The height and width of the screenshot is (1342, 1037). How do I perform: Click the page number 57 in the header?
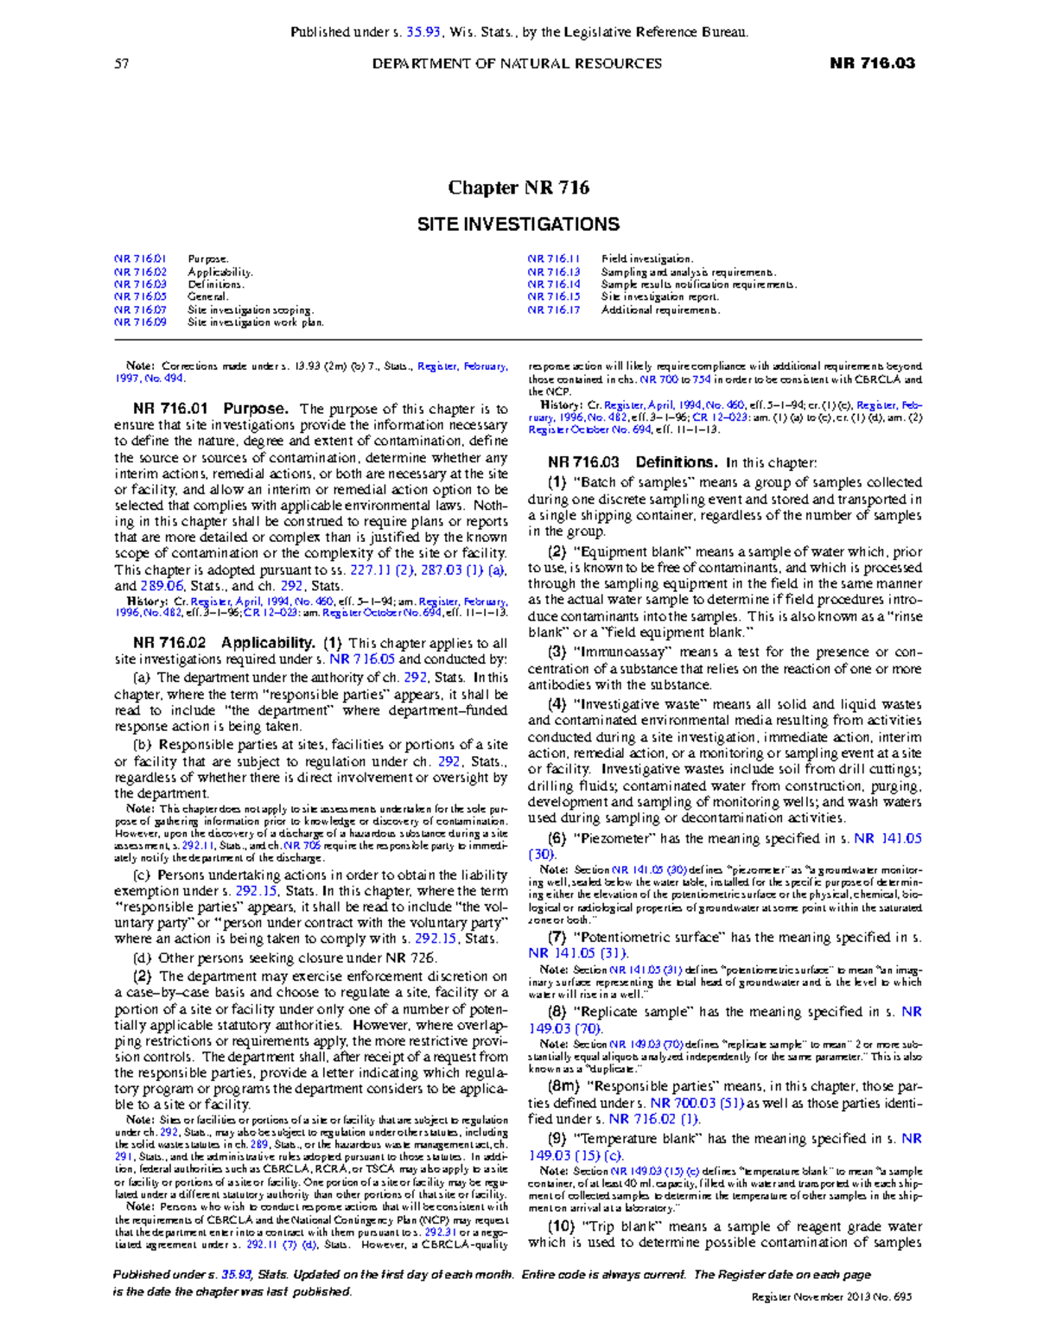click(121, 63)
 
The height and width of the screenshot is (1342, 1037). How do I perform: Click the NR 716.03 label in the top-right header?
click(872, 63)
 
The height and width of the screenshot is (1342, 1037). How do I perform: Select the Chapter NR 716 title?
click(518, 188)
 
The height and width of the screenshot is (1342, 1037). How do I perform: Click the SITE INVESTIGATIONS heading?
click(518, 225)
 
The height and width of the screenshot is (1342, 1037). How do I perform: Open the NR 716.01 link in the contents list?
click(140, 259)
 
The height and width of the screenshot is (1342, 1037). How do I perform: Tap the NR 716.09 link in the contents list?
click(140, 322)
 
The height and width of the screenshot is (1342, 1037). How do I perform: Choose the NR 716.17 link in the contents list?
click(554, 310)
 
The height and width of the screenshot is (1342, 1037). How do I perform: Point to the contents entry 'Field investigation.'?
click(646, 259)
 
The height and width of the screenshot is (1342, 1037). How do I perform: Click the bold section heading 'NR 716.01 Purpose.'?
click(210, 409)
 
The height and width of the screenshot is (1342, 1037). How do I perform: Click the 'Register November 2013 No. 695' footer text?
click(831, 1297)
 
